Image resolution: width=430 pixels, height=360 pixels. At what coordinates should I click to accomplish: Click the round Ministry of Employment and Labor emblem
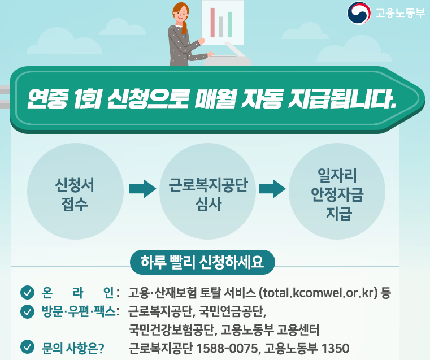(x=359, y=13)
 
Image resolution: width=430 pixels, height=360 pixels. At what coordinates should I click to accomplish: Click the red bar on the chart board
(x=212, y=23)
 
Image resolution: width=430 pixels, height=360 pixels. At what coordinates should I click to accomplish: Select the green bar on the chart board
(x=229, y=24)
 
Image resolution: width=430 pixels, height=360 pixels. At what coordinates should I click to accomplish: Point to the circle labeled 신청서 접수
(x=75, y=191)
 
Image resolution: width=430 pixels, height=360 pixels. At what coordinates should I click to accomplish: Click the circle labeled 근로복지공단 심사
(x=207, y=191)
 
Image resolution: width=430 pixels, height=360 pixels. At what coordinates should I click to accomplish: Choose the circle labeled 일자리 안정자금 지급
(x=337, y=191)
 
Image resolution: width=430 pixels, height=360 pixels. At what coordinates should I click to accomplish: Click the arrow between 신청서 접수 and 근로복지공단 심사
(x=142, y=189)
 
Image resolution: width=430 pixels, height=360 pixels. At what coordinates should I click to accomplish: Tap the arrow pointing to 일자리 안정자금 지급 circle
(x=272, y=189)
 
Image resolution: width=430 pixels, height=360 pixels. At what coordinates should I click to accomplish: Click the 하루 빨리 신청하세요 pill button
(x=202, y=262)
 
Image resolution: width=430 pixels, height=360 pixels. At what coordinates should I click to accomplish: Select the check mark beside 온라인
(x=28, y=293)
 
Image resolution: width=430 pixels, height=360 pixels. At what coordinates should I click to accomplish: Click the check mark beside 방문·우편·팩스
(x=28, y=312)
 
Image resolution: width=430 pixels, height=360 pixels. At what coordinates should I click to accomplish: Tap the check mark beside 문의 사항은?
(x=28, y=347)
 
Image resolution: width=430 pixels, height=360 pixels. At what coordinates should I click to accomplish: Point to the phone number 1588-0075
(x=227, y=348)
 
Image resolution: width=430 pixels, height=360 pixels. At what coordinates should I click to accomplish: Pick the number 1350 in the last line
(x=335, y=348)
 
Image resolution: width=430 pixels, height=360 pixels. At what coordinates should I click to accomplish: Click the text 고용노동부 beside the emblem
(x=400, y=13)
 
